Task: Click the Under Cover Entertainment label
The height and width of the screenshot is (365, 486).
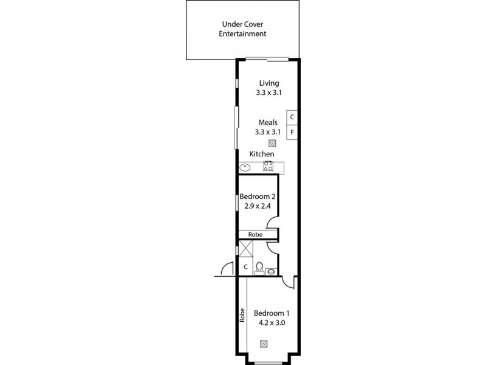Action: point(242,30)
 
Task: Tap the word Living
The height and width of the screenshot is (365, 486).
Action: point(269,83)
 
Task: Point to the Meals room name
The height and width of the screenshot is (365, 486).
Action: point(268,122)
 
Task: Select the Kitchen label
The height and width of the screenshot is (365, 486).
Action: point(262,155)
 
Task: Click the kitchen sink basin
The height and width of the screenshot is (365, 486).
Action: point(245,166)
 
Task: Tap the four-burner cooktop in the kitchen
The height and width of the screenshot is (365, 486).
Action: point(268,166)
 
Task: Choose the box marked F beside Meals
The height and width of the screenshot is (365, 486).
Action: point(292,132)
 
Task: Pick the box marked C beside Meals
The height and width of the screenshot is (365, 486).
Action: point(292,117)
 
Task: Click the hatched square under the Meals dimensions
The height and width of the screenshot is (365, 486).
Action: point(273,144)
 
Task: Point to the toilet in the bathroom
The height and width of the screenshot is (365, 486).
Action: point(260,268)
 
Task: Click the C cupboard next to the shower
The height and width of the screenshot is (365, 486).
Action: point(245,266)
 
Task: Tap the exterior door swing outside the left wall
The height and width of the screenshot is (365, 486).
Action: point(226,268)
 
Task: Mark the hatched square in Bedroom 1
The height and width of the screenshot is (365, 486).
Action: point(264,344)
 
